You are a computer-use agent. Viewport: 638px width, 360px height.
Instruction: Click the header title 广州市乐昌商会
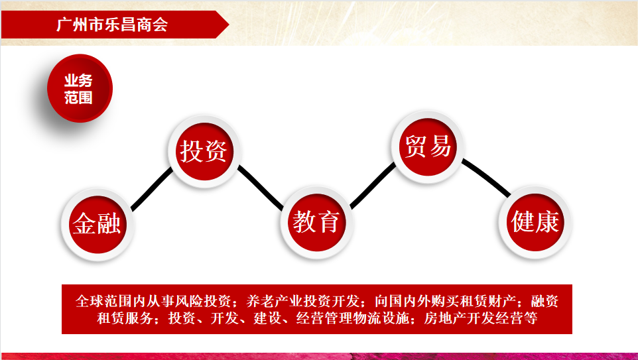tap(112, 25)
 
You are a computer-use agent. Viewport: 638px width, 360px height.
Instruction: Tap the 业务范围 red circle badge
tap(80, 88)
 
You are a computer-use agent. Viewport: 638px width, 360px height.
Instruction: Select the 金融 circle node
tap(97, 224)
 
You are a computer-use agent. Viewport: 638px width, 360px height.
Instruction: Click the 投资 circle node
tap(204, 151)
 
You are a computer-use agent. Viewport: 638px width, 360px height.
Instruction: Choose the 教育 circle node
tap(316, 223)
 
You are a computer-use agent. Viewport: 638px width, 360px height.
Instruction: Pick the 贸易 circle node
tap(428, 147)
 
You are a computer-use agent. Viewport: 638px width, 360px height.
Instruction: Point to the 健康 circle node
tap(535, 222)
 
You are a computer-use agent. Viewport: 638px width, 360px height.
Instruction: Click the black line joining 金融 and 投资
tap(152, 189)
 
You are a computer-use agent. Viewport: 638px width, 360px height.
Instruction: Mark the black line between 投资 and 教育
tap(261, 187)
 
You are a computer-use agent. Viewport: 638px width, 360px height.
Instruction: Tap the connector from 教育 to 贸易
tap(373, 186)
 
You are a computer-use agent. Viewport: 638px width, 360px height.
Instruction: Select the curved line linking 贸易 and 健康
tap(486, 176)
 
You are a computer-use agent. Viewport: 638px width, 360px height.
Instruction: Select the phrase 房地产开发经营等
tap(481, 318)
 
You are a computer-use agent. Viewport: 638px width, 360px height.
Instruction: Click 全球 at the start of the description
tap(90, 302)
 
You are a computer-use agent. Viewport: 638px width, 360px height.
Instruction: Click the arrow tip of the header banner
tap(229, 25)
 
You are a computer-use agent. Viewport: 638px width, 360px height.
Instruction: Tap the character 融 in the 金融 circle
tap(109, 223)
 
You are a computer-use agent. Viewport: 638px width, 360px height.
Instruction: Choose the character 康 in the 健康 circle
tap(547, 221)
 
